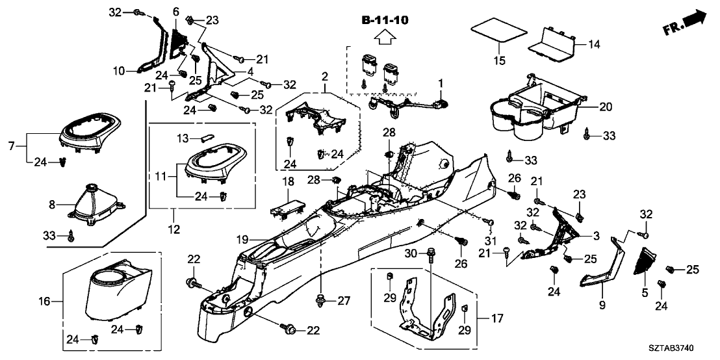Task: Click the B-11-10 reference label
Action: pyautogui.click(x=385, y=21)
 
